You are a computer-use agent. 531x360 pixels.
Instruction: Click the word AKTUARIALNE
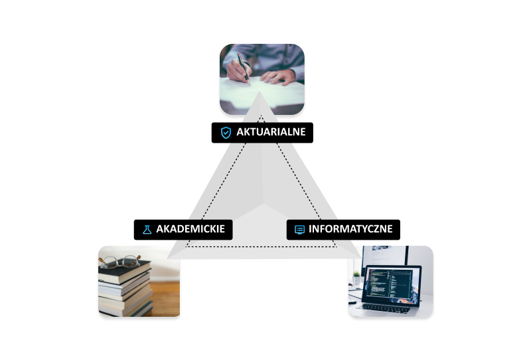coord(271,132)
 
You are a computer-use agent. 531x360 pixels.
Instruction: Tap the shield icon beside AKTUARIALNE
coord(226,132)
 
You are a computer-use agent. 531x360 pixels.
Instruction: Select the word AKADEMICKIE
coord(190,229)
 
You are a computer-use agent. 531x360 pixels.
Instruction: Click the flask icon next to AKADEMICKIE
coord(147,229)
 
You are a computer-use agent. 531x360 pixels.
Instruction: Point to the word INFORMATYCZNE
coord(350,229)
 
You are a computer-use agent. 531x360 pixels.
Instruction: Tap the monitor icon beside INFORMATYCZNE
coord(299,229)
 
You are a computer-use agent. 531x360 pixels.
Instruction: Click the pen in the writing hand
coord(244,69)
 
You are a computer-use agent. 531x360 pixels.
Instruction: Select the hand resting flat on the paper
coord(279,77)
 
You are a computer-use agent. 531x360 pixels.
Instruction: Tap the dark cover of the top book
coord(126,271)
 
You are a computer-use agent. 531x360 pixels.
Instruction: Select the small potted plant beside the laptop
coord(356,276)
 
